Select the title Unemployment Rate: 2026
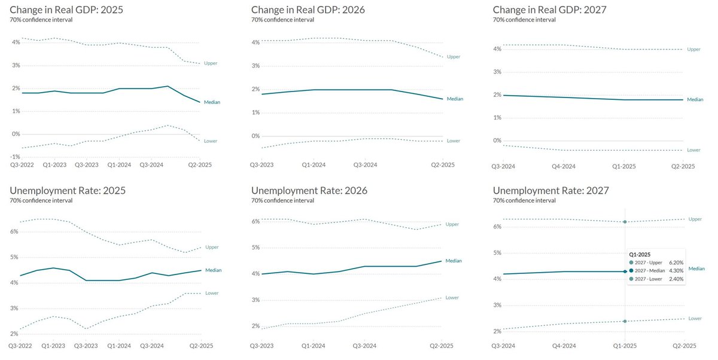[x=309, y=190]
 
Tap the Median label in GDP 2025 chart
[x=212, y=102]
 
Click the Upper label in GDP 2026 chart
[x=454, y=56]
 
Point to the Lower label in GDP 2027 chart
[x=693, y=150]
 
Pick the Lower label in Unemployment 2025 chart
[x=211, y=293]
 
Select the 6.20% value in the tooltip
[x=676, y=262]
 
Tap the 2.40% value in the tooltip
[x=676, y=279]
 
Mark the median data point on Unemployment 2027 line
[x=625, y=271]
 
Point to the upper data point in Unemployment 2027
[x=625, y=222]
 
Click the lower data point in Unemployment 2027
[x=625, y=321]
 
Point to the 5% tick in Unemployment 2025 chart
[x=14, y=257]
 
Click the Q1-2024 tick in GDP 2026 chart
[x=314, y=164]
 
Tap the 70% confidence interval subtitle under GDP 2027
[x=524, y=20]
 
